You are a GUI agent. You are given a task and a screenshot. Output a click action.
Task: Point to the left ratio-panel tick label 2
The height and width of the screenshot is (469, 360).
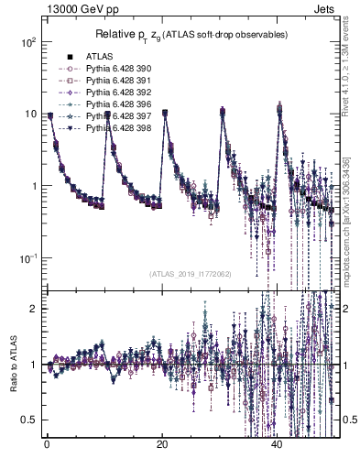(34, 309)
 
